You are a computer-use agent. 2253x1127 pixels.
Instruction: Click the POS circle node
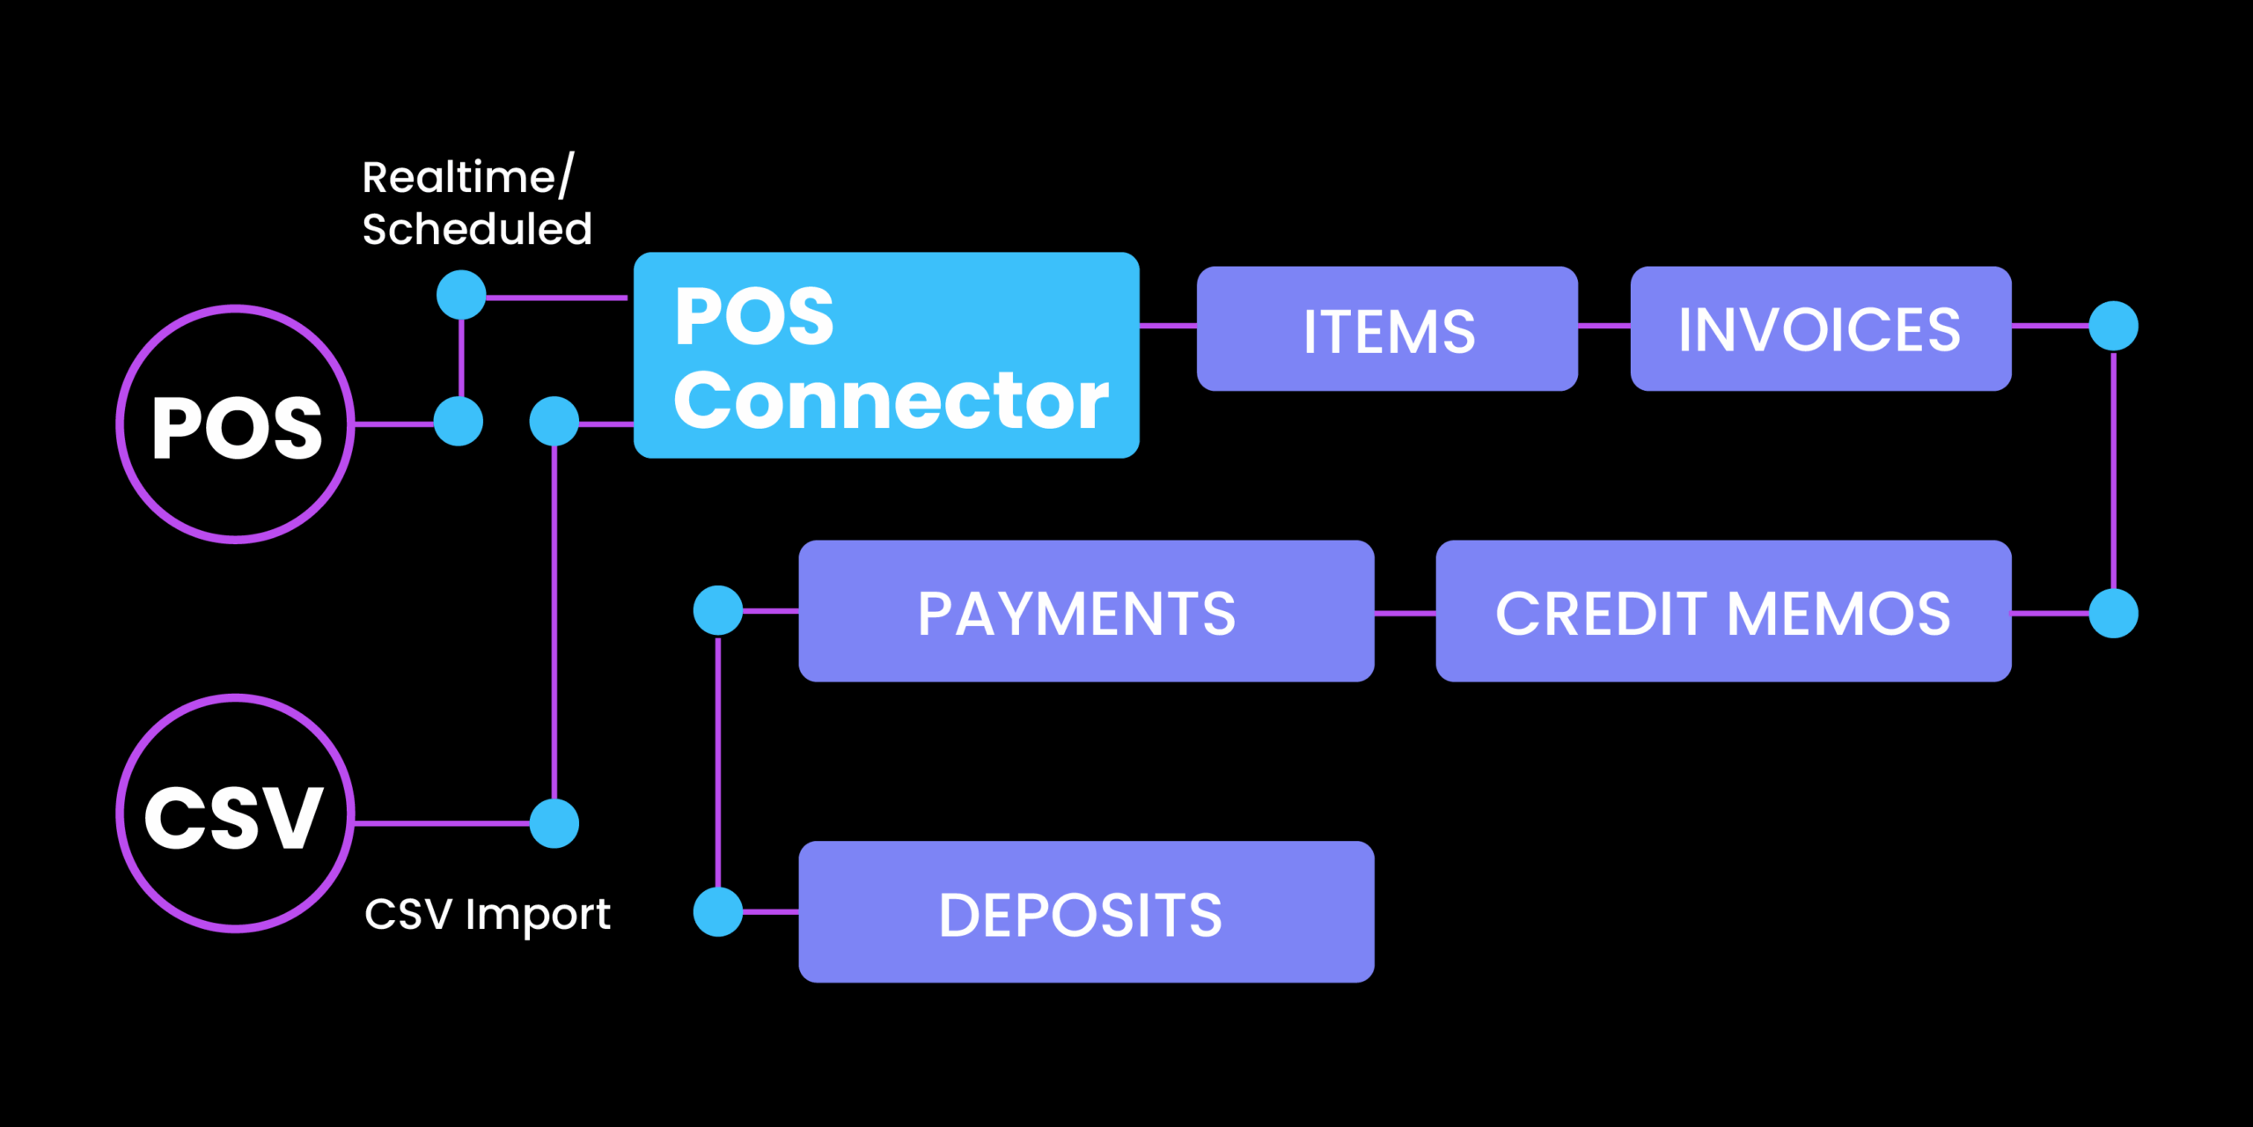click(x=235, y=424)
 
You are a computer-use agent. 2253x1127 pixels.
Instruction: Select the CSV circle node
click(x=235, y=814)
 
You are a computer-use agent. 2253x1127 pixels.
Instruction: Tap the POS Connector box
click(x=886, y=355)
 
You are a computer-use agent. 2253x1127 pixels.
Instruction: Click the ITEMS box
click(x=1387, y=328)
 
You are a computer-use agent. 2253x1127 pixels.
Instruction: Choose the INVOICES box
click(x=1820, y=328)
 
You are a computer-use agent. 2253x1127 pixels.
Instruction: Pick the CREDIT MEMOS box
click(x=1722, y=611)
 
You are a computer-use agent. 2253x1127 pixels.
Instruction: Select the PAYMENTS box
click(x=1085, y=611)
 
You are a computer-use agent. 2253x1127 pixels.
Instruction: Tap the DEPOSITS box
click(x=1085, y=912)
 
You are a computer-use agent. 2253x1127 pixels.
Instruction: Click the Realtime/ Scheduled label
click(x=476, y=203)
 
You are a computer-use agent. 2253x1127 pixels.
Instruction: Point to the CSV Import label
click(x=487, y=914)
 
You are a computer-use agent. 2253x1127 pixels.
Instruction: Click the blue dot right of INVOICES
click(x=2113, y=326)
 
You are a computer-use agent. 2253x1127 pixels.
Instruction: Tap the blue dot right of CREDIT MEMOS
click(x=2113, y=613)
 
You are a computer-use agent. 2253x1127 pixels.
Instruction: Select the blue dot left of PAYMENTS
click(x=718, y=610)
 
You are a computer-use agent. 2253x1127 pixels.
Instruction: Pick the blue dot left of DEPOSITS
click(x=718, y=911)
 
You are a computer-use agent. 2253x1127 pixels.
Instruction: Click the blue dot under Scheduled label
click(x=461, y=294)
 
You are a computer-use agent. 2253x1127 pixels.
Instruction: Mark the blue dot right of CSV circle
click(x=554, y=823)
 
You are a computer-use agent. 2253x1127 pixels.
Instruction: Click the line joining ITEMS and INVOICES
click(x=1604, y=326)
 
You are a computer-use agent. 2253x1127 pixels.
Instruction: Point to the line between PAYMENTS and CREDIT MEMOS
click(x=1405, y=613)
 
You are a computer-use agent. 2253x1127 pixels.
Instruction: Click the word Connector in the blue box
click(x=891, y=401)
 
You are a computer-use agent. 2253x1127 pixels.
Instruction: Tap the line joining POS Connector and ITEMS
click(x=1168, y=326)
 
